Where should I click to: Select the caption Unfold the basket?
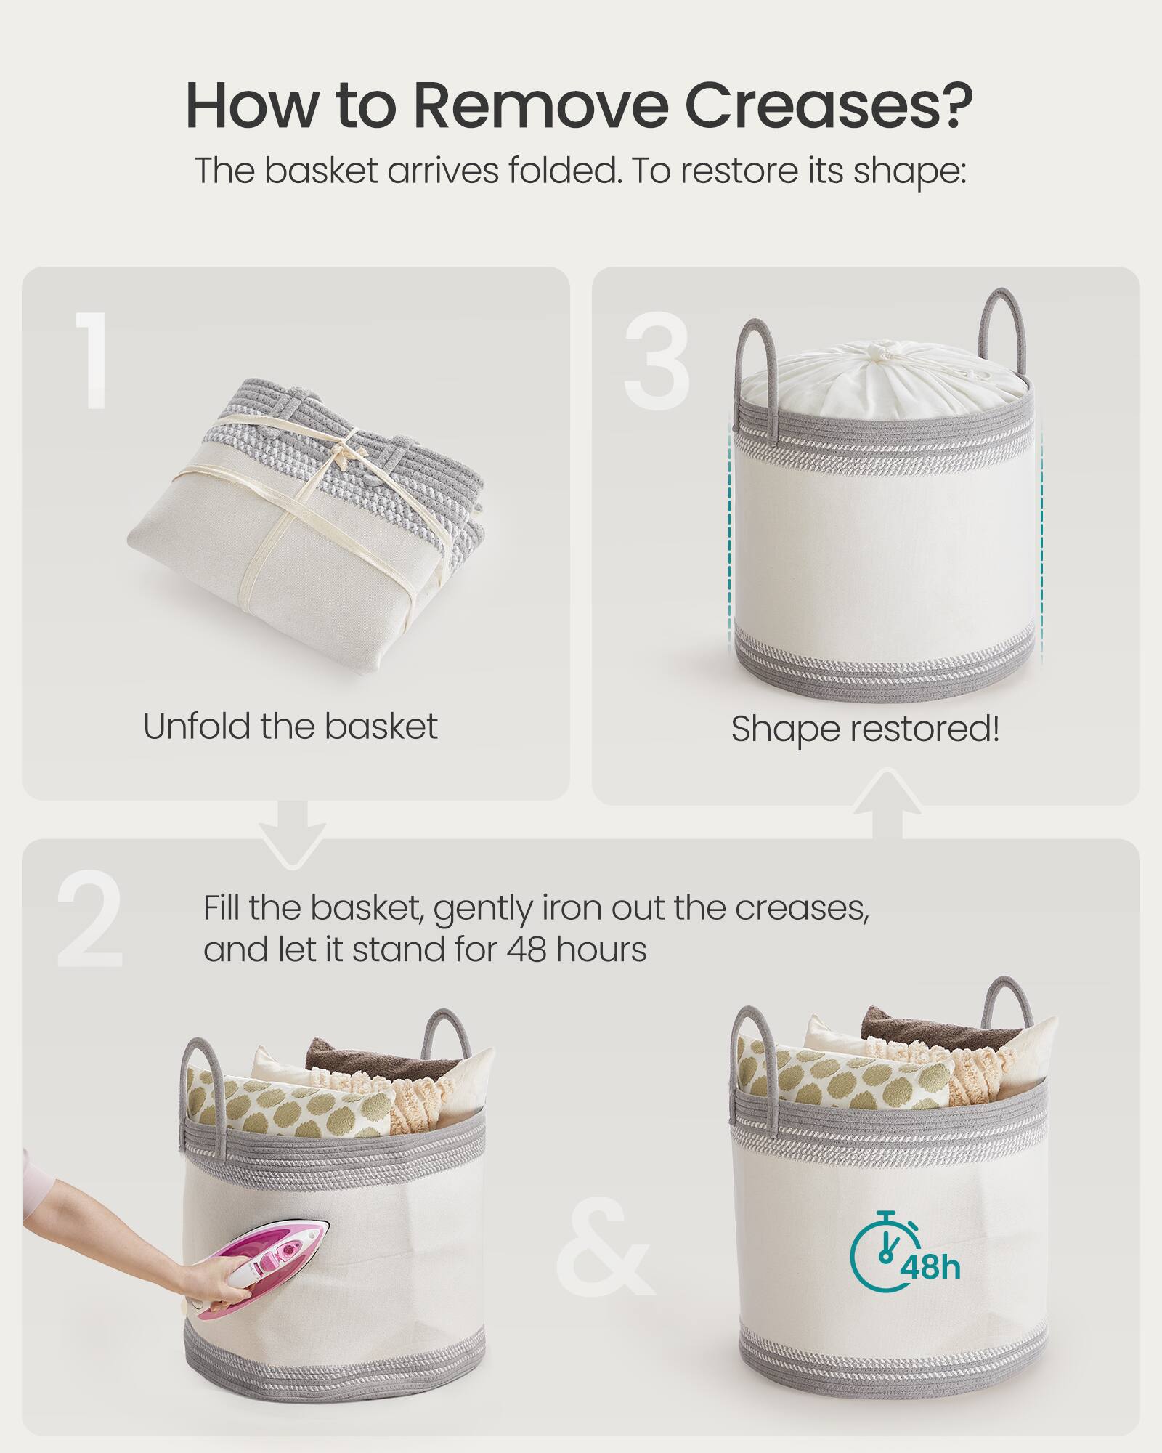click(290, 726)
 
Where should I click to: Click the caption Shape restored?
click(865, 729)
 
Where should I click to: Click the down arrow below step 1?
click(293, 835)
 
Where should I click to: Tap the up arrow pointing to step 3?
click(886, 803)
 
